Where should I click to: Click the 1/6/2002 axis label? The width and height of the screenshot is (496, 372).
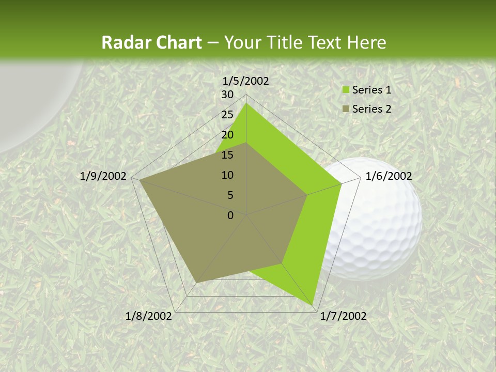click(x=389, y=176)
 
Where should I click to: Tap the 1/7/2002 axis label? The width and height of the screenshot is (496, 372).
click(x=343, y=316)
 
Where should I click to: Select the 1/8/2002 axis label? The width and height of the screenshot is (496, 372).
click(x=149, y=316)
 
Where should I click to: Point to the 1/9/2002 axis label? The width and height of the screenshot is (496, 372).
click(x=103, y=176)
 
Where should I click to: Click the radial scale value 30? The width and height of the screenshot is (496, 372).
click(x=227, y=95)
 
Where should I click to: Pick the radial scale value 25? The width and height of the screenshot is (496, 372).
click(x=227, y=115)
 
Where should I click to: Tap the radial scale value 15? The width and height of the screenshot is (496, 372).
click(x=227, y=155)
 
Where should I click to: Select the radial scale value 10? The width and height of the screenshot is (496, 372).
click(x=227, y=175)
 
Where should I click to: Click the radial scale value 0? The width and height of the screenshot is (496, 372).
click(x=230, y=215)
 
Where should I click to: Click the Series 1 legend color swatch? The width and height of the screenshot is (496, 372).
click(x=345, y=90)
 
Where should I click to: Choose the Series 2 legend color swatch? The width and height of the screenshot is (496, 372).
click(x=345, y=109)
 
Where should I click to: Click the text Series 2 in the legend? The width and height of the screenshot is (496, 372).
click(x=371, y=109)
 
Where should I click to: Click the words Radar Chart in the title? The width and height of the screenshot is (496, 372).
click(x=151, y=43)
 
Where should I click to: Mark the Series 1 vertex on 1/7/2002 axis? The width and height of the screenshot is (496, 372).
click(x=313, y=305)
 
